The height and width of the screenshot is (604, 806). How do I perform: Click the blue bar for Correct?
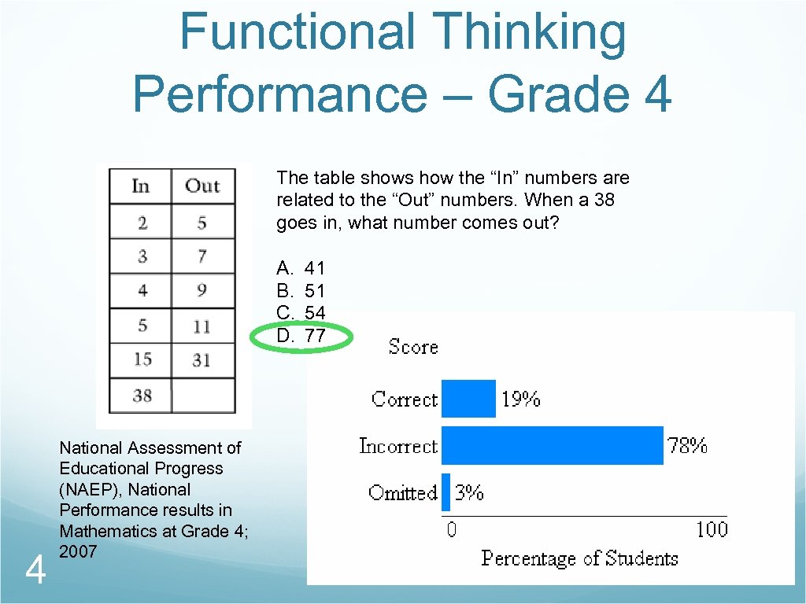point(468,399)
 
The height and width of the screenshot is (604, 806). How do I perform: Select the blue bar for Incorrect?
point(552,446)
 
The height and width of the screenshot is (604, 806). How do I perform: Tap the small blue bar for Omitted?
point(446,492)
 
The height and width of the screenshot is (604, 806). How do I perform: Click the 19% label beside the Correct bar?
point(521,400)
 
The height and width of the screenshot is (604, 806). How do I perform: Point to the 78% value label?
point(687,446)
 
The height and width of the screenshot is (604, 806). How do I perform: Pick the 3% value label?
point(469,492)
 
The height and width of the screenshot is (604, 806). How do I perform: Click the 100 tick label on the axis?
point(712,529)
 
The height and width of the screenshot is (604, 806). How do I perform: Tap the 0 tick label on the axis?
point(451,529)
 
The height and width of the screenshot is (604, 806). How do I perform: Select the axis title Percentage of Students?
point(579,558)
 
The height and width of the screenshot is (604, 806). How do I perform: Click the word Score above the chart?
point(413,347)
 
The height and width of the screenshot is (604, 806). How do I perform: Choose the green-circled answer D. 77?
point(301,336)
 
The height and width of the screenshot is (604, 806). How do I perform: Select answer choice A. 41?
point(301,268)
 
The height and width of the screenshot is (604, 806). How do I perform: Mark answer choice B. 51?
point(301,291)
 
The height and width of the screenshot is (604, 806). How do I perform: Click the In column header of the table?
point(141,186)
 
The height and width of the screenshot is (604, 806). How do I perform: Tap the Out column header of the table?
point(202,186)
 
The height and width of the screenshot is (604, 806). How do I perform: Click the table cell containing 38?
point(142,395)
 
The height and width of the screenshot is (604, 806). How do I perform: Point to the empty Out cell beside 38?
point(203,395)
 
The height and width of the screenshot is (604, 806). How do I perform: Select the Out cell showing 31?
point(202,360)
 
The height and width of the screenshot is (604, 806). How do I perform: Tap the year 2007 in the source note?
point(78,552)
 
